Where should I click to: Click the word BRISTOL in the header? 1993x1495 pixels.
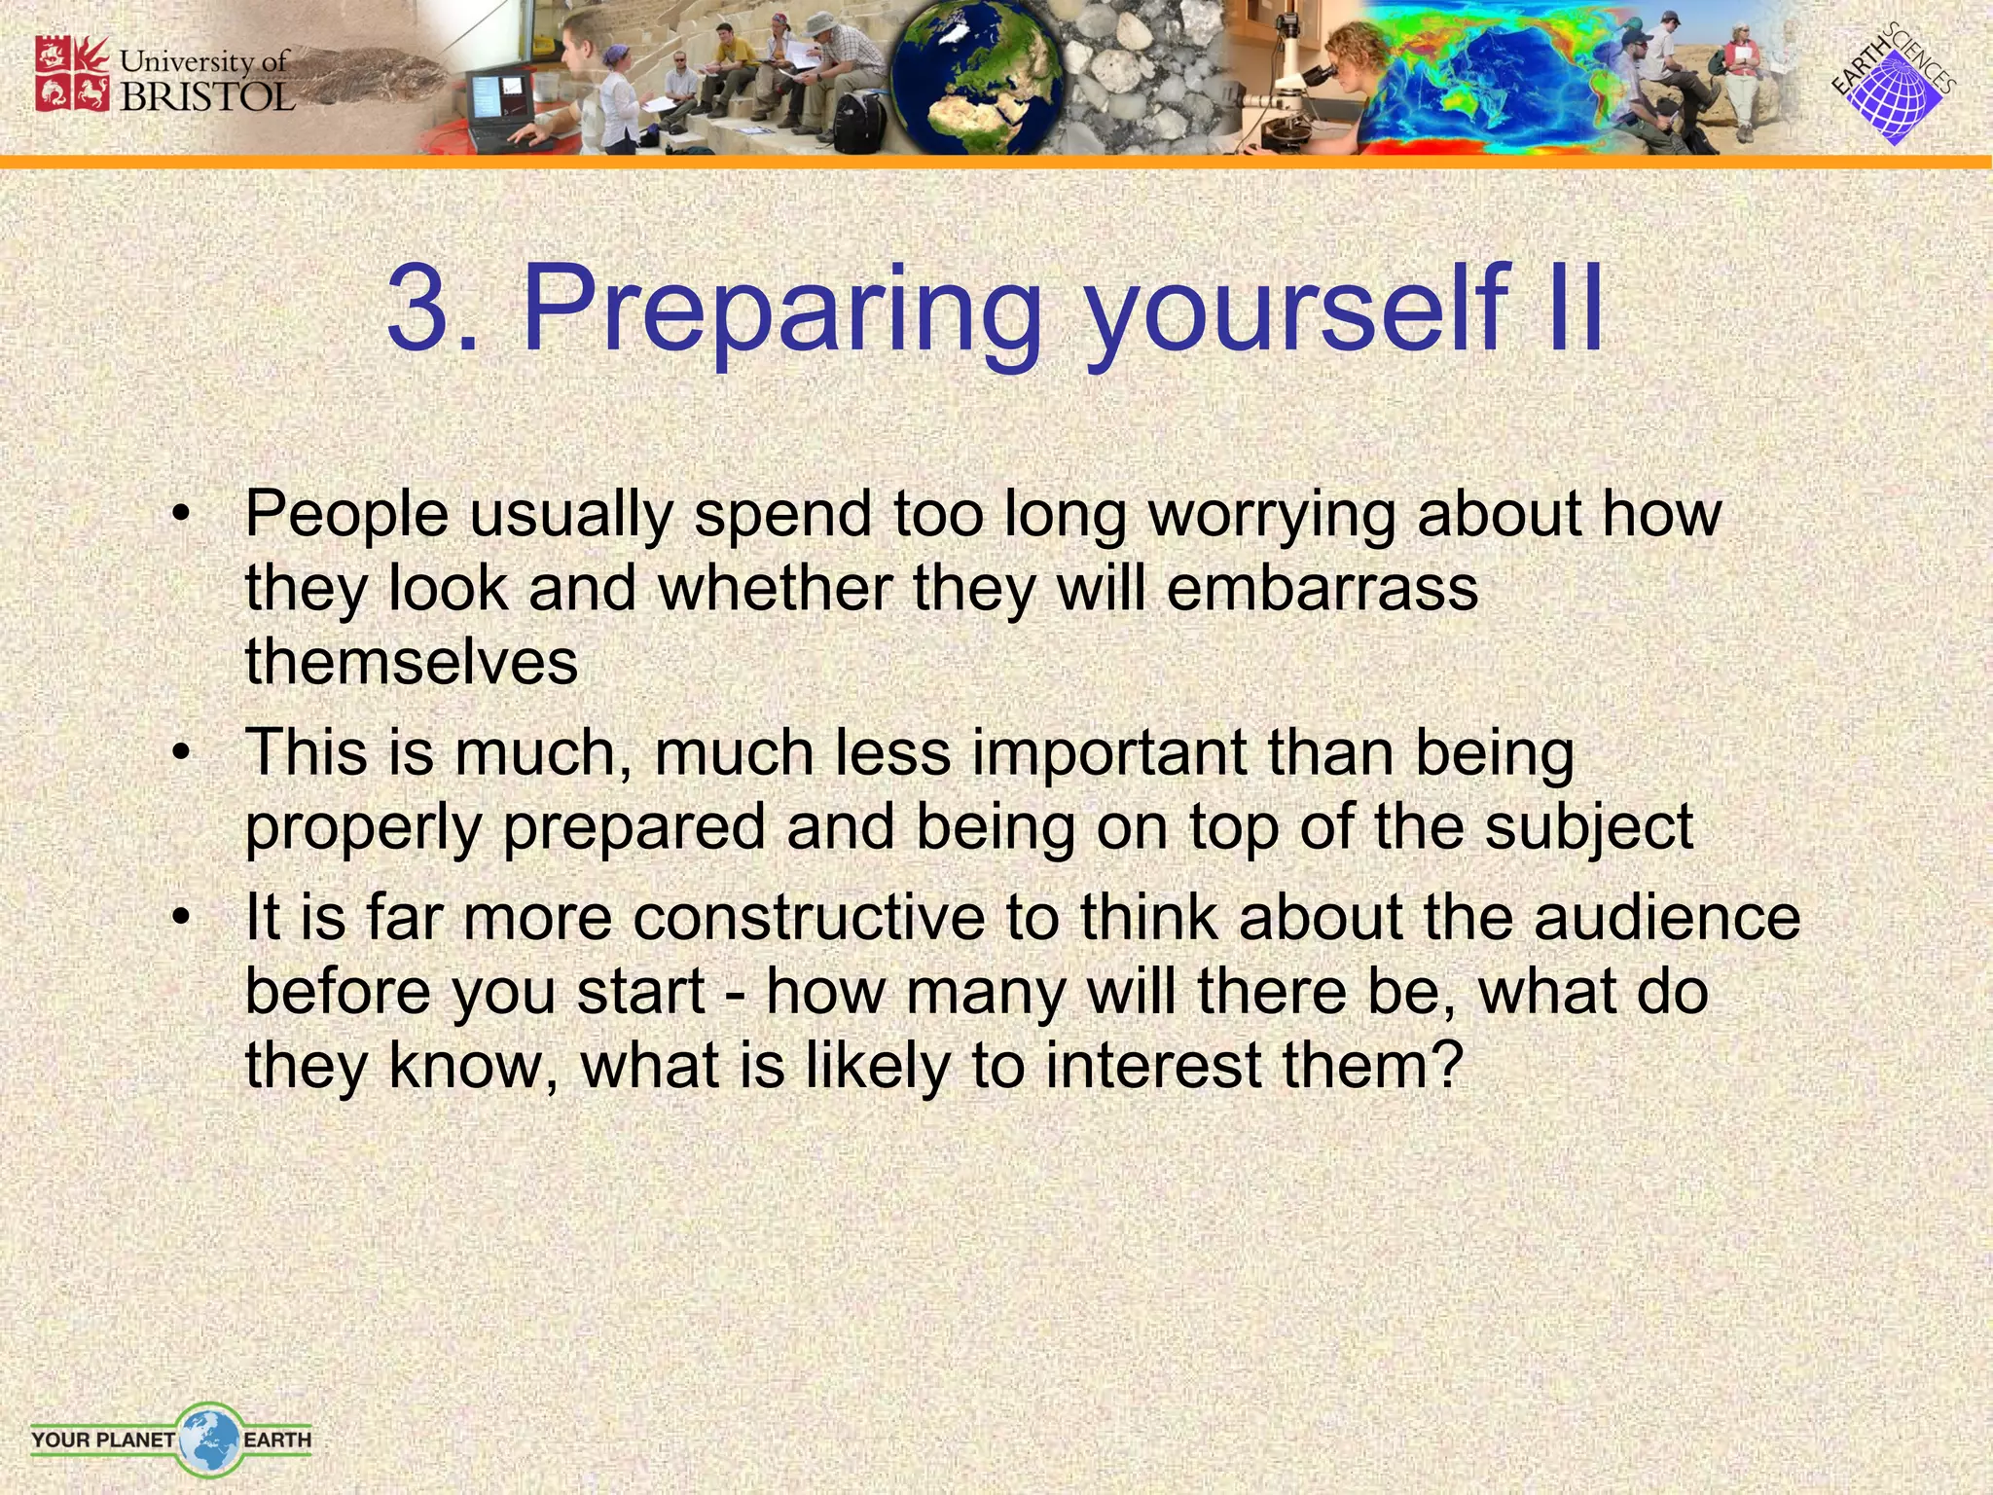[x=206, y=96]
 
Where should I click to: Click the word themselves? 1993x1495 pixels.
[x=411, y=662]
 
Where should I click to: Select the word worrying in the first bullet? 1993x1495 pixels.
[x=1272, y=516]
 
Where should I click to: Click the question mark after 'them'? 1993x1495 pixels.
[x=1449, y=1065]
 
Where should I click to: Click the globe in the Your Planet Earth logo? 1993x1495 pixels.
[x=209, y=1439]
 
